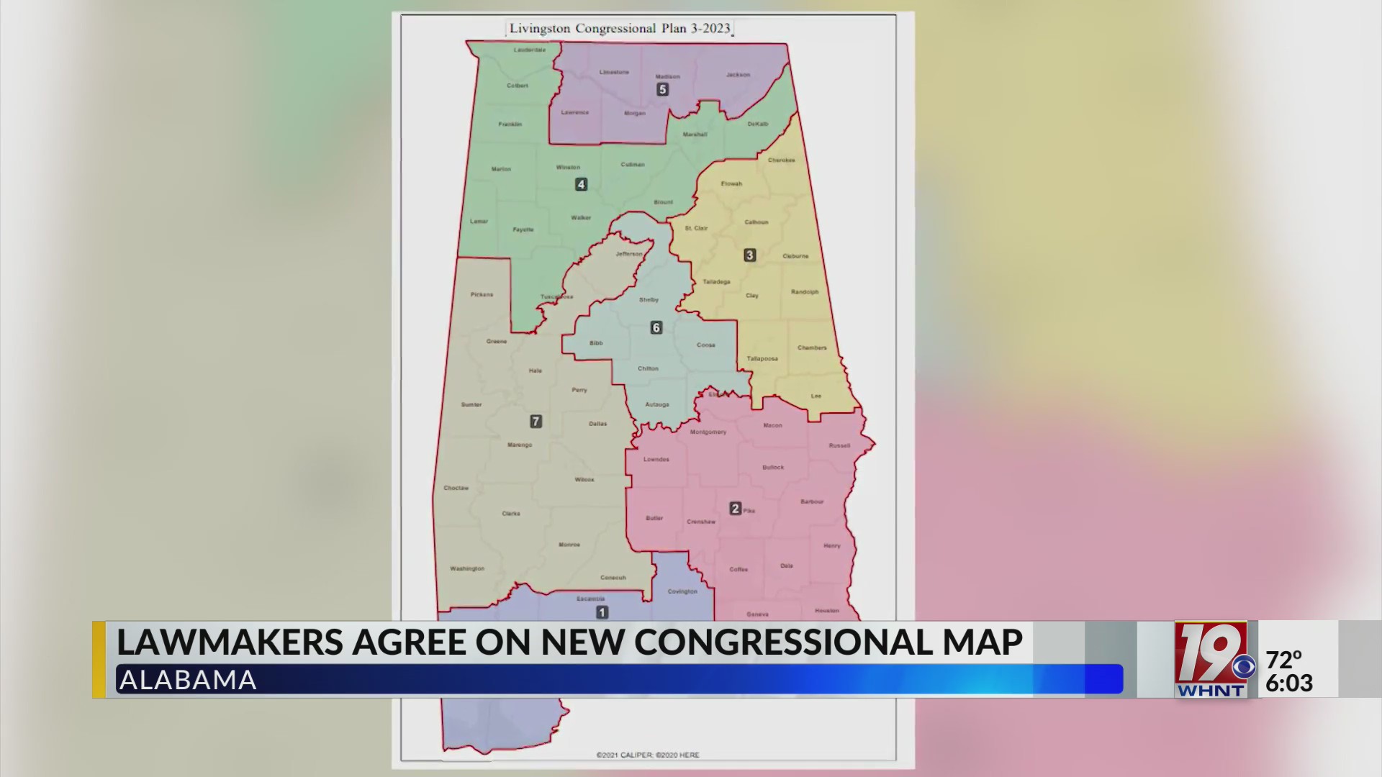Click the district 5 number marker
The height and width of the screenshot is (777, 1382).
662,90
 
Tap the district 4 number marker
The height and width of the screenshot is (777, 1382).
581,185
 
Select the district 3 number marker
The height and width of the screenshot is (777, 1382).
749,255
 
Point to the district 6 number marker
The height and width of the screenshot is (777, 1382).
656,328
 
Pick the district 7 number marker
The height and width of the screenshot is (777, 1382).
536,422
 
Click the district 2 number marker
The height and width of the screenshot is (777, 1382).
735,509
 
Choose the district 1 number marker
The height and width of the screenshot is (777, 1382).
602,612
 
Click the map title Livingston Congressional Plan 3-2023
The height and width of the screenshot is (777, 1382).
620,29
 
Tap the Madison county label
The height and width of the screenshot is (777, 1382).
667,76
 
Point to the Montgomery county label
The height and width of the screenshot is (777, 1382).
708,432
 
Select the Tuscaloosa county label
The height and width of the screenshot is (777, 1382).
557,296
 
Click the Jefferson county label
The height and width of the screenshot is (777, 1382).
628,254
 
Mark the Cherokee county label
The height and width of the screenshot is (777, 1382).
781,160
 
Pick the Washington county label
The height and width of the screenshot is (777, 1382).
467,568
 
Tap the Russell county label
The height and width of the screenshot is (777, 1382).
839,445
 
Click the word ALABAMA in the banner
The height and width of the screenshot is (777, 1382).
188,680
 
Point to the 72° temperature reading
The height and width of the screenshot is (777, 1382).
1284,659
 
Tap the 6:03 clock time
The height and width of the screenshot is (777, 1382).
1289,683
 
